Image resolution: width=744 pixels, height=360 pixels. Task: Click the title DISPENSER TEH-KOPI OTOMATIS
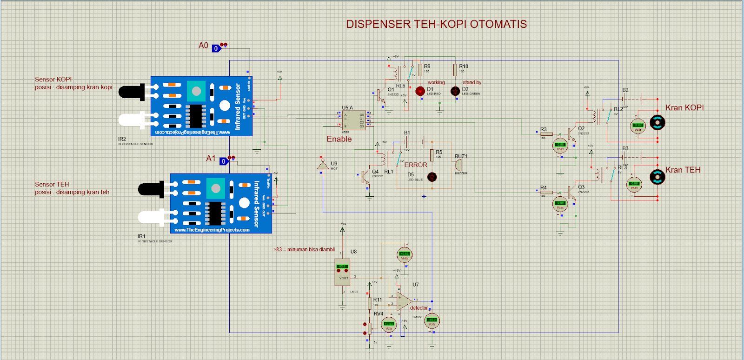click(436, 24)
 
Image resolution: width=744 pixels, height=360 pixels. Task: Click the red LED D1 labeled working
click(420, 91)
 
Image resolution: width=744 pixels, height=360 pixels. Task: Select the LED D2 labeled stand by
click(455, 91)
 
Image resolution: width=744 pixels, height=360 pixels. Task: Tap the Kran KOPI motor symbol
click(657, 123)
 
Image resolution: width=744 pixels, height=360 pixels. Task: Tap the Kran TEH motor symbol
click(657, 177)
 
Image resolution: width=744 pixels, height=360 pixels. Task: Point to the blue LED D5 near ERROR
click(432, 177)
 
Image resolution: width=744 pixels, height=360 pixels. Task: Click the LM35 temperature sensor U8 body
click(342, 272)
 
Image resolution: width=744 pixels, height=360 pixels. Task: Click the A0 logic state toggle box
click(216, 48)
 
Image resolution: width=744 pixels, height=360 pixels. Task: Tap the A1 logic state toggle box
click(224, 161)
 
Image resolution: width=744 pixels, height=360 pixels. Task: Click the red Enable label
click(339, 139)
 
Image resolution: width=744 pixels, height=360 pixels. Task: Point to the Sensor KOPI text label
click(53, 80)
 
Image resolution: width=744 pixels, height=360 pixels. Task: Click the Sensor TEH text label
click(52, 185)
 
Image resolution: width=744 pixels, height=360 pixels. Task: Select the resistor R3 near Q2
click(546, 134)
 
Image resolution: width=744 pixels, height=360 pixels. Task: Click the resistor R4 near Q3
click(546, 192)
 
